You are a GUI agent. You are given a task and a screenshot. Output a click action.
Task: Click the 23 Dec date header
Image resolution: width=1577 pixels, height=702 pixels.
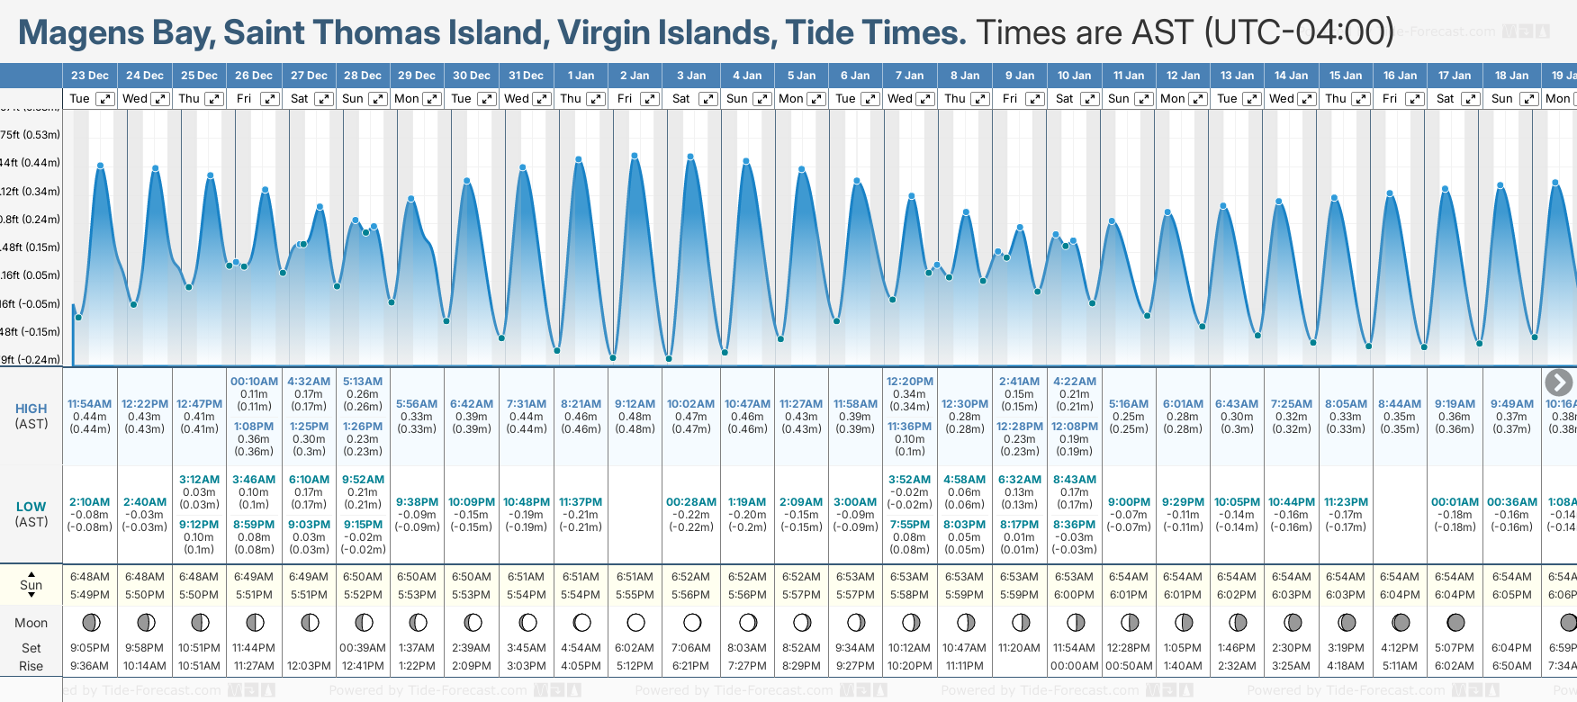tap(90, 76)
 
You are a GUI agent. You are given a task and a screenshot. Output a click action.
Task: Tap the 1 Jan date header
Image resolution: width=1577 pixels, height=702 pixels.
tap(581, 76)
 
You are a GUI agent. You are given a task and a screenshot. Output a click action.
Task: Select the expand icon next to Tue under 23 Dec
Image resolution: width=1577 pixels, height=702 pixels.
tap(105, 99)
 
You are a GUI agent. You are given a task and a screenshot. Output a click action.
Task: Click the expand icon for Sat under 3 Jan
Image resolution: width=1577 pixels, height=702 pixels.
tap(708, 99)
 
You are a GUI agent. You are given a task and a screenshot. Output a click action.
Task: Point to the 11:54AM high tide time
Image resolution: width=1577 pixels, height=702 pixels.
tap(89, 404)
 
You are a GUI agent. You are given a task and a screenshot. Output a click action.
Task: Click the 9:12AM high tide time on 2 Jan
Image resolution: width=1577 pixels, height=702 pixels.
tap(635, 404)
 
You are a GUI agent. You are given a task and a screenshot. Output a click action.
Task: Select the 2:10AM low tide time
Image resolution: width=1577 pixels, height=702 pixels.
tap(89, 502)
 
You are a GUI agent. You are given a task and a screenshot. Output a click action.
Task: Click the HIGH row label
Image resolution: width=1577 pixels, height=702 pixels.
tap(31, 409)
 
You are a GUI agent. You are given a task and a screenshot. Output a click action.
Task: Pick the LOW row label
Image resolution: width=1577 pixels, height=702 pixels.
tap(31, 507)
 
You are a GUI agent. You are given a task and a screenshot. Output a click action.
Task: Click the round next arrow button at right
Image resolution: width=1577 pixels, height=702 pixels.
tap(1559, 382)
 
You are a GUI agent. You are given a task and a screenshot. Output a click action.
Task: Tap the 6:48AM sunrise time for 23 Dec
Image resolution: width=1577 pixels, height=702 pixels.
tap(89, 577)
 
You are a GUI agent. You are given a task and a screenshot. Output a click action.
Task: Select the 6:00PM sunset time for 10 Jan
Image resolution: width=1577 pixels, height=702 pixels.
tap(1074, 595)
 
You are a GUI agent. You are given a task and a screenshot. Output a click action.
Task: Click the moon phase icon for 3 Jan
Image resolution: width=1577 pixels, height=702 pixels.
tap(692, 622)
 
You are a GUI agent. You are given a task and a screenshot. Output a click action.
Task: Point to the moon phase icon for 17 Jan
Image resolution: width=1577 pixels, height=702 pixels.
tap(1455, 622)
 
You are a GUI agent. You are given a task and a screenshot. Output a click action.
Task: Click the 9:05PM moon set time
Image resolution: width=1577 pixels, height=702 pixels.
tap(89, 648)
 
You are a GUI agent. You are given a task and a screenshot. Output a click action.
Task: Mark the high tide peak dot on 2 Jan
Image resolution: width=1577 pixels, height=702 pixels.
tap(635, 156)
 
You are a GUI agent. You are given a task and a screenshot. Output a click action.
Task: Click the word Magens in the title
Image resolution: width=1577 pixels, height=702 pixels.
tap(80, 33)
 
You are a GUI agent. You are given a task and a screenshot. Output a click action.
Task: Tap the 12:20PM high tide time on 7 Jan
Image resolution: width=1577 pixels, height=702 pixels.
tap(910, 382)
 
